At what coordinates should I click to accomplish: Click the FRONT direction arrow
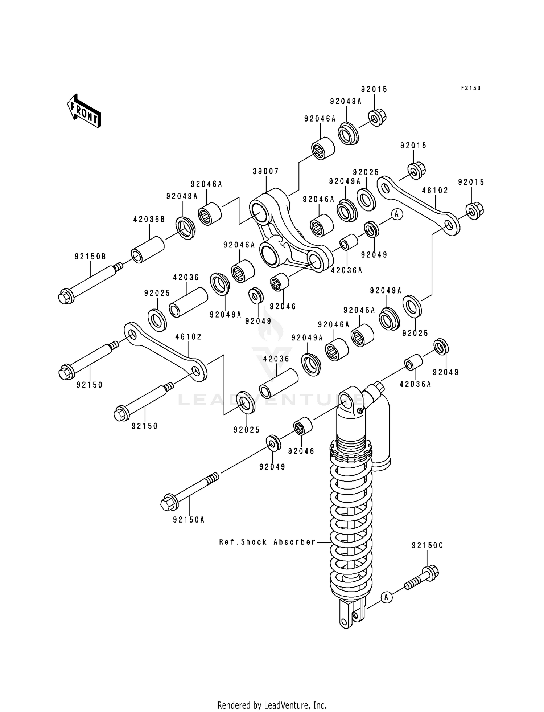point(83,111)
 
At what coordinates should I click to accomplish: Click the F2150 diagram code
point(470,88)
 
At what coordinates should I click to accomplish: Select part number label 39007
point(266,171)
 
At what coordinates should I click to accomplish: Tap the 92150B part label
point(90,257)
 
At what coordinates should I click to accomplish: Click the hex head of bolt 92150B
point(65,296)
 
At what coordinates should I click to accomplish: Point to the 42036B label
point(149,219)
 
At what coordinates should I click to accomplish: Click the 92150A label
point(189,520)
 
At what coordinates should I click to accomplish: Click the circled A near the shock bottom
point(387,597)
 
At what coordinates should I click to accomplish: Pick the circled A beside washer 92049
point(396,214)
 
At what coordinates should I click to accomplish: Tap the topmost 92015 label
point(374,89)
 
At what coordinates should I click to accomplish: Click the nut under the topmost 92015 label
point(377,117)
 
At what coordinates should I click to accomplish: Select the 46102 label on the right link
point(435,191)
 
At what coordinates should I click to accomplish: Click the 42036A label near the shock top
point(415,384)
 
